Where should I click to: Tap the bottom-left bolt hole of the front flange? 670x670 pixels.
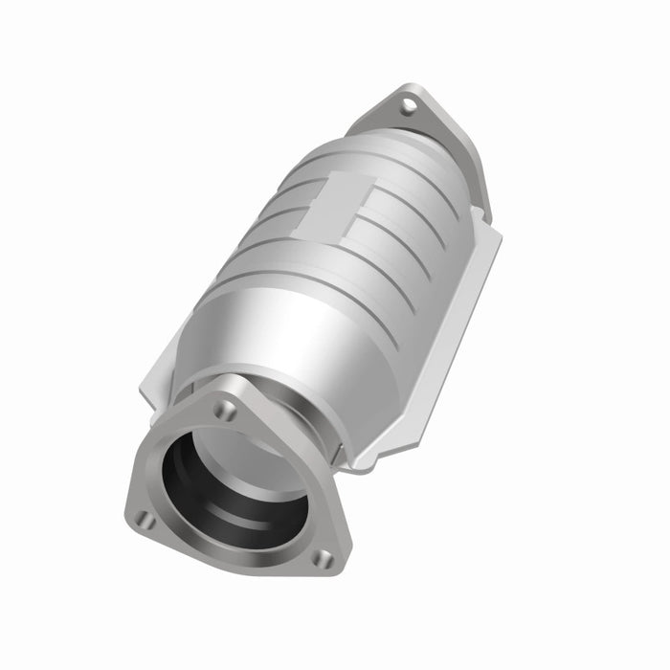[145, 519]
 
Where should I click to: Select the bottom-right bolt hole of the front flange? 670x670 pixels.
[324, 557]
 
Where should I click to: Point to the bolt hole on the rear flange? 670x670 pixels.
[409, 106]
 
